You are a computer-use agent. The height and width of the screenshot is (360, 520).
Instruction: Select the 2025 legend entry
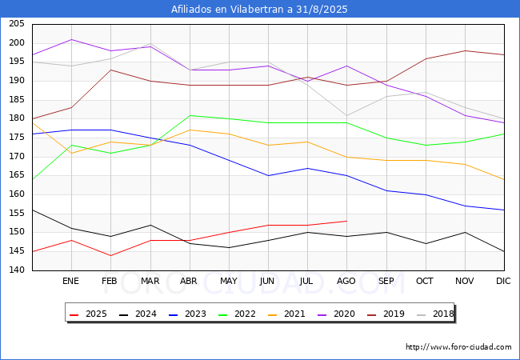click(x=88, y=314)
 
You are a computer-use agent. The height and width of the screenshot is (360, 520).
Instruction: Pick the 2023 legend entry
click(x=187, y=314)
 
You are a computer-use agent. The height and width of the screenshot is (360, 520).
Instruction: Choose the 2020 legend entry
click(x=336, y=314)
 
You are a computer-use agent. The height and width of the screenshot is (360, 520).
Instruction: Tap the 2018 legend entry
click(x=435, y=314)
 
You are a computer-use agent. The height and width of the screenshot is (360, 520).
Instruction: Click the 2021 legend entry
click(x=286, y=314)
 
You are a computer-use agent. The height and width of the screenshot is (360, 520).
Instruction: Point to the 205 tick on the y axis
click(x=17, y=24)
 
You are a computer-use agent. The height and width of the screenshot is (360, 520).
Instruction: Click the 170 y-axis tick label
click(x=17, y=157)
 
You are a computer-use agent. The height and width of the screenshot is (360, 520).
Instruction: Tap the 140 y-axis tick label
click(x=17, y=270)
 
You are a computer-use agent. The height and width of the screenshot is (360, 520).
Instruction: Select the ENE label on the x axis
click(x=70, y=281)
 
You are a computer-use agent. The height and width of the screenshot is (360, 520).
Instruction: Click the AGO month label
click(x=346, y=281)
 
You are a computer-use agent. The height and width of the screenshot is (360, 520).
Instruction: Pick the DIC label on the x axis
click(x=503, y=281)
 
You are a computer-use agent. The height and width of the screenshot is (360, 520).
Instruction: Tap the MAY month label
click(x=229, y=281)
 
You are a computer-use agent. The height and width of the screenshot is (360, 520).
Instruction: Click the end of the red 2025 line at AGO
click(x=347, y=221)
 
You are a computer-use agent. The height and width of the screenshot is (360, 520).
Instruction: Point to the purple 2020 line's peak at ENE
click(x=72, y=39)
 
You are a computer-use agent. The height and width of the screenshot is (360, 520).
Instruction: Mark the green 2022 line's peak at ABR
click(x=190, y=115)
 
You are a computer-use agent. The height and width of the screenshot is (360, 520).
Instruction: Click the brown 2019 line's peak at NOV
click(x=466, y=50)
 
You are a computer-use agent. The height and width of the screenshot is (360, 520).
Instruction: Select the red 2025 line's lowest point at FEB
click(x=110, y=255)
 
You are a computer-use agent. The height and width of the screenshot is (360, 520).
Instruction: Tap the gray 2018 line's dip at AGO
click(x=347, y=115)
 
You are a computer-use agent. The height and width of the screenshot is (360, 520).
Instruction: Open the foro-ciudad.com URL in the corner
click(x=458, y=347)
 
